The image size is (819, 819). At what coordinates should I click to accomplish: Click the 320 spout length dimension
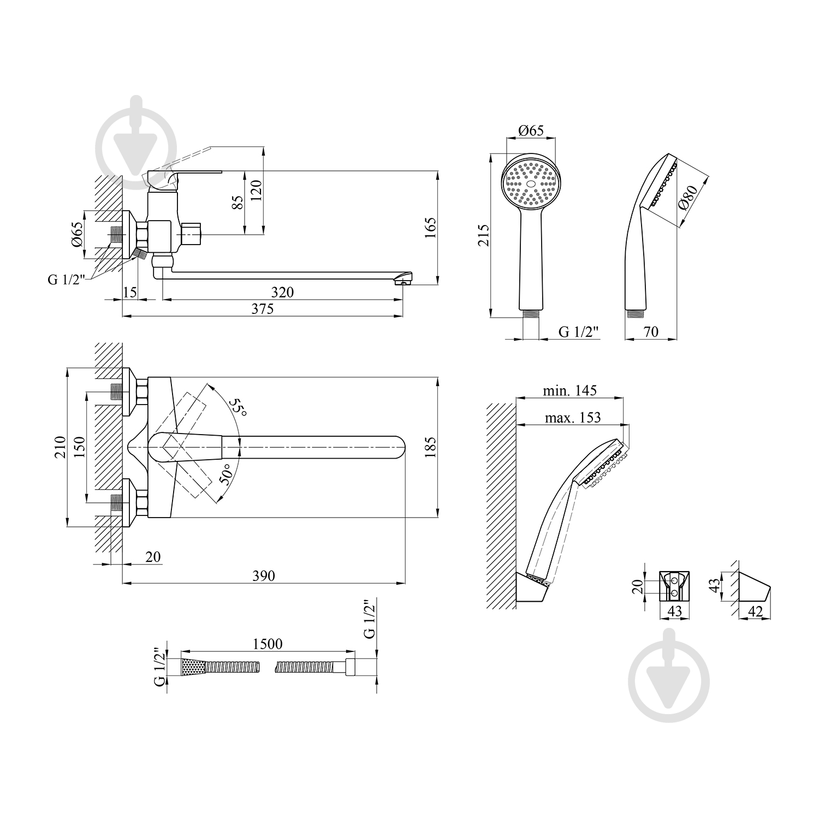click(x=282, y=293)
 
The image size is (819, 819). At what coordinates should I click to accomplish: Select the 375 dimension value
click(x=262, y=309)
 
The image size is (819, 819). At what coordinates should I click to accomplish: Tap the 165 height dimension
click(x=431, y=227)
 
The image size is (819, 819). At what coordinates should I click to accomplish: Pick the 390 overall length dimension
click(x=264, y=576)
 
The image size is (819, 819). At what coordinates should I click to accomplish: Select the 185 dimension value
click(x=431, y=447)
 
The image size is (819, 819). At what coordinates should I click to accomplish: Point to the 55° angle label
click(x=237, y=407)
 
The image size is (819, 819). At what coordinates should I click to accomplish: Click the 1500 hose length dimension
click(x=268, y=644)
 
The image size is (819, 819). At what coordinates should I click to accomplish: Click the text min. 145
click(x=569, y=391)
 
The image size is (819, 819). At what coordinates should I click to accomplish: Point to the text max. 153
click(x=572, y=418)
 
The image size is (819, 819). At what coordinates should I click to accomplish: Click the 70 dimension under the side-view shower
click(x=651, y=331)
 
